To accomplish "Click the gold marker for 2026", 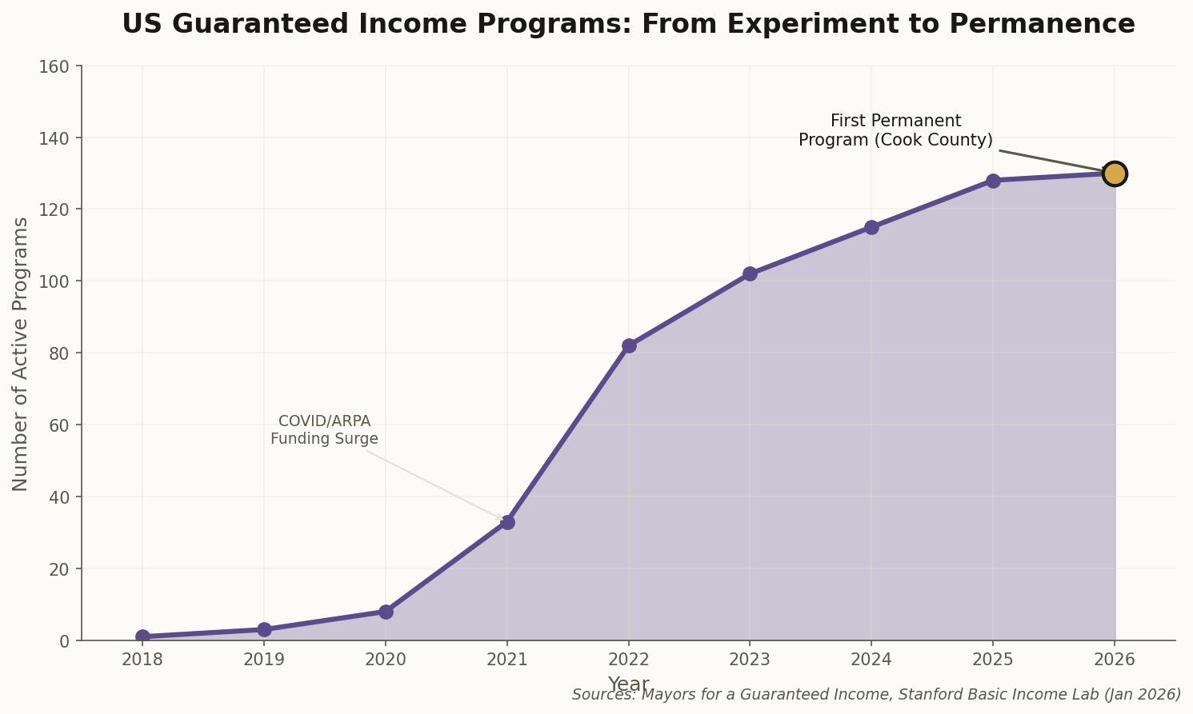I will pyautogui.click(x=1114, y=174).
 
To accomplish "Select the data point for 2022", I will pyautogui.click(x=629, y=345).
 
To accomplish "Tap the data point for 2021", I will pyautogui.click(x=507, y=522).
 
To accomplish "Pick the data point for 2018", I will pyautogui.click(x=142, y=636).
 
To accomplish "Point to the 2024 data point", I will pyautogui.click(x=871, y=227).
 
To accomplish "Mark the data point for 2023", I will pyautogui.click(x=750, y=273).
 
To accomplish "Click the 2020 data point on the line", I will pyautogui.click(x=386, y=612).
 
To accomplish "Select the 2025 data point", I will pyautogui.click(x=993, y=181).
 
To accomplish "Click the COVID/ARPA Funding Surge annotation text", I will pyautogui.click(x=324, y=430).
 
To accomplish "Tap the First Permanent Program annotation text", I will pyautogui.click(x=895, y=130).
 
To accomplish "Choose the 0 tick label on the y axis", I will pyautogui.click(x=65, y=641).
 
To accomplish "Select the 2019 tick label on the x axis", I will pyautogui.click(x=264, y=660).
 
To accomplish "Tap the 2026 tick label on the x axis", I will pyautogui.click(x=1114, y=660).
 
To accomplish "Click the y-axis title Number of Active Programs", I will pyautogui.click(x=21, y=353).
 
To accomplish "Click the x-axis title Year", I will pyautogui.click(x=628, y=684).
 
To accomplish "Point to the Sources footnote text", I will pyautogui.click(x=876, y=695).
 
